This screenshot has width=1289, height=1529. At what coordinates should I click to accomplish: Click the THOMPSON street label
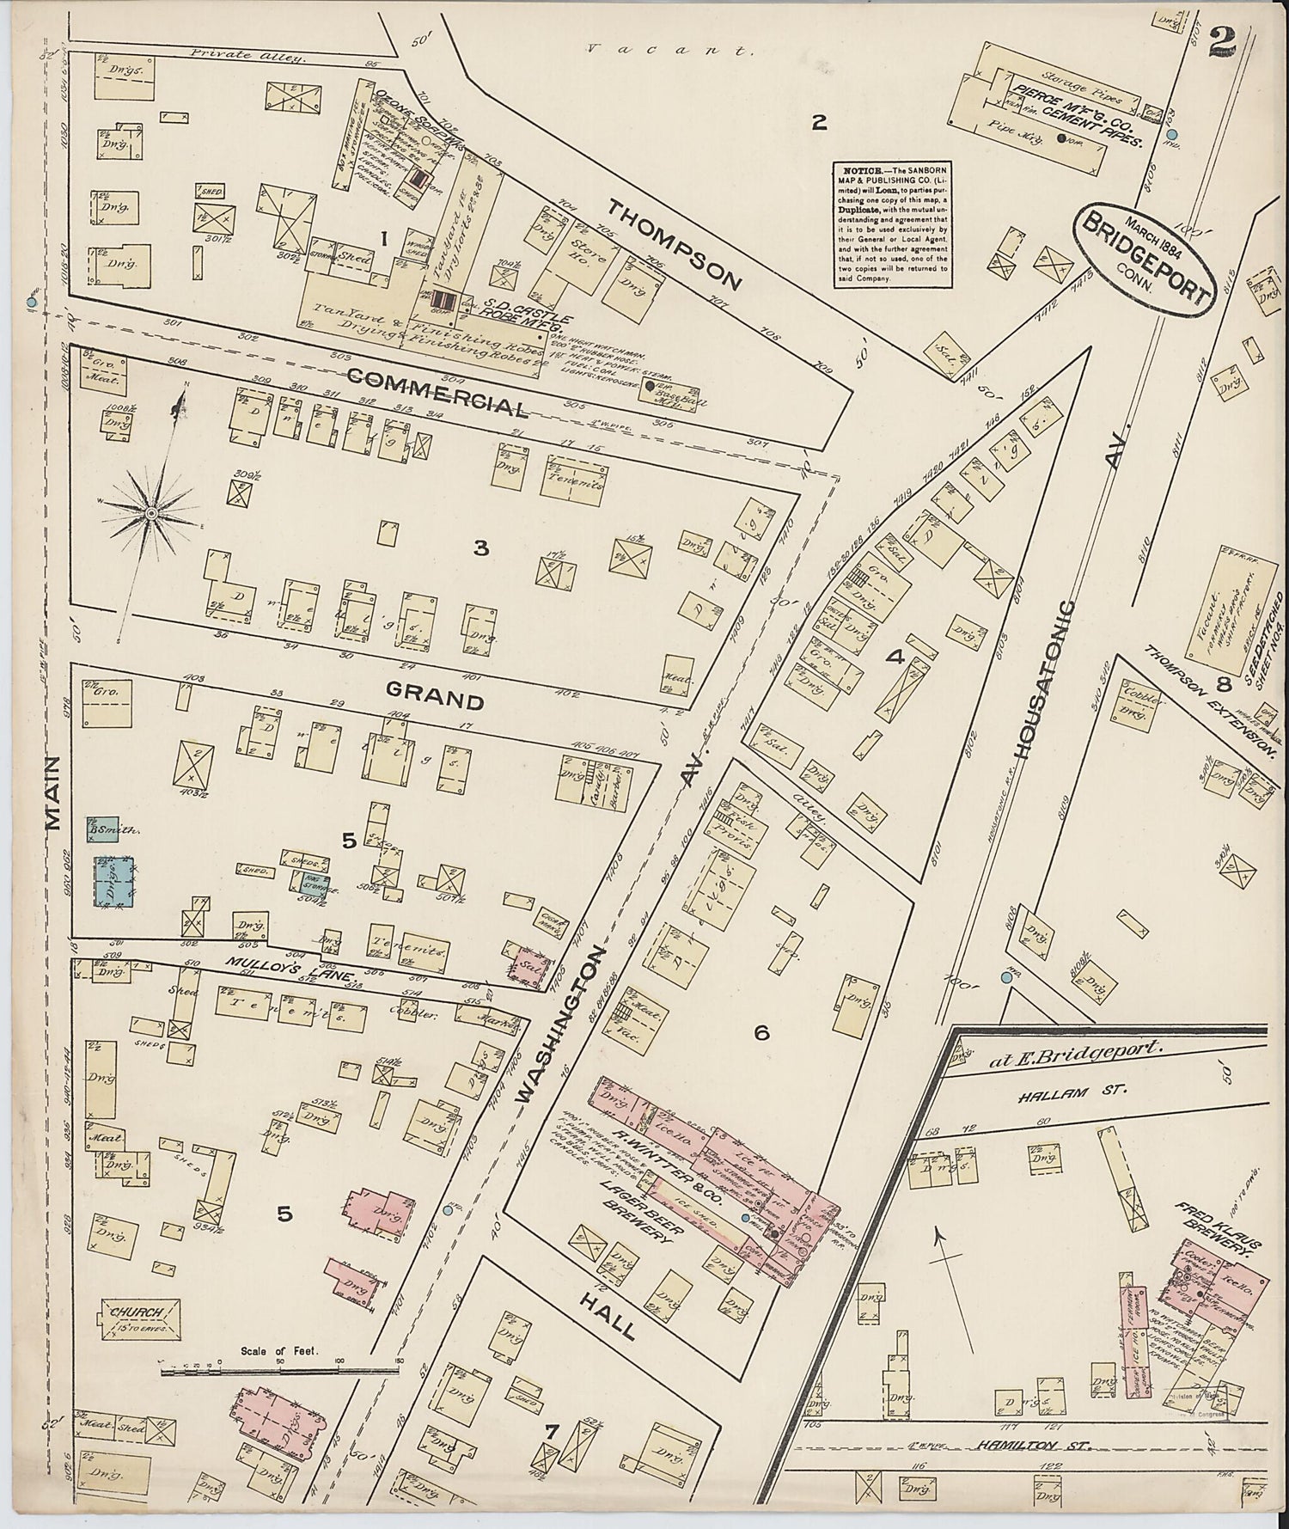(x=675, y=243)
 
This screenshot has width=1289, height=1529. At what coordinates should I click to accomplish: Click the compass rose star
(x=151, y=513)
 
